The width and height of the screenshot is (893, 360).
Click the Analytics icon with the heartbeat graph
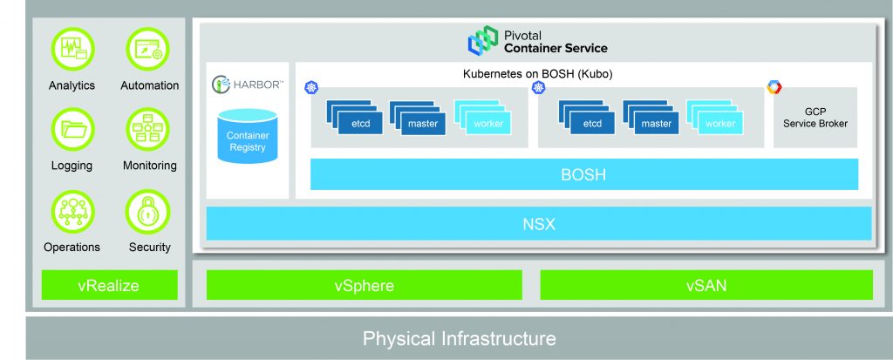(x=72, y=50)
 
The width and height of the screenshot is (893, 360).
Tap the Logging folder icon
(x=72, y=129)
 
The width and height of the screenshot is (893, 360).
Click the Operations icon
(x=72, y=210)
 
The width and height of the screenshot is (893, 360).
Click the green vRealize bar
(x=109, y=285)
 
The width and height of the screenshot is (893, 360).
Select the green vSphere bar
(x=364, y=285)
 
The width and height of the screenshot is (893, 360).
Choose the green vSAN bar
(x=706, y=285)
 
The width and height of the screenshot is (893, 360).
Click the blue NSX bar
(x=538, y=224)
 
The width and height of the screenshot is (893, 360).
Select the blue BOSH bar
(x=583, y=175)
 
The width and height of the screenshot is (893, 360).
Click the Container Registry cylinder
(x=248, y=136)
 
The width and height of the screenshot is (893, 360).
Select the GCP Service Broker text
(x=815, y=118)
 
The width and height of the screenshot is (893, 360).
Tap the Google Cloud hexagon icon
(x=774, y=87)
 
